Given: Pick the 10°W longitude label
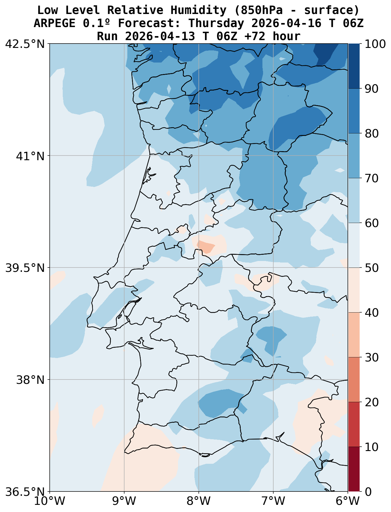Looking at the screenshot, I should [50, 501].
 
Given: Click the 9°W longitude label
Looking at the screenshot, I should [124, 501].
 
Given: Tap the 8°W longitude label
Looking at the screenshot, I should [199, 501].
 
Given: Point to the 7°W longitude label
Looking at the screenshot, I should [273, 501].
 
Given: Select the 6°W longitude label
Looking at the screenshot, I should [348, 501].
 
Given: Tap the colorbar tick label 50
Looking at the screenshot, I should [371, 268].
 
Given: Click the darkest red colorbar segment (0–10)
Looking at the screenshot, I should [354, 469].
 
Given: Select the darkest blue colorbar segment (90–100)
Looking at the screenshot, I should [354, 66].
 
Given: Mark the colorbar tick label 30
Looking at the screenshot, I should [371, 357].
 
